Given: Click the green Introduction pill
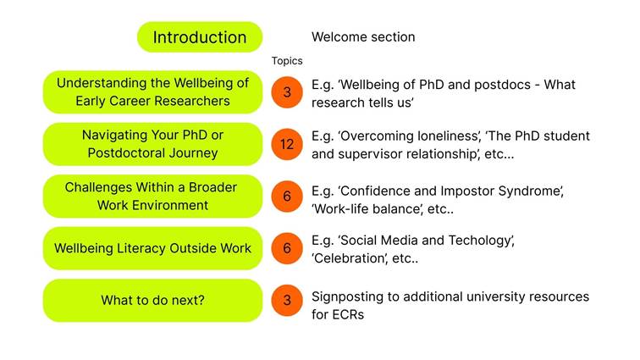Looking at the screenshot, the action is pyautogui.click(x=200, y=37).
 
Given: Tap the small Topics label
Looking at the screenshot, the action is pyautogui.click(x=287, y=61).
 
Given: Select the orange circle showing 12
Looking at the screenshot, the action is pyautogui.click(x=287, y=144).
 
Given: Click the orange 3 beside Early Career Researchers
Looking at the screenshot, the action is pyautogui.click(x=287, y=92).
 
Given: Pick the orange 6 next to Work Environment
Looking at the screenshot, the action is pyautogui.click(x=287, y=197).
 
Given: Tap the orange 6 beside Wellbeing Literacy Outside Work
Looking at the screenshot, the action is pyautogui.click(x=287, y=248).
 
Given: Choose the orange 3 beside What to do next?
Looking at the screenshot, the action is pyautogui.click(x=287, y=301).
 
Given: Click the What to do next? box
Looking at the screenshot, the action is pyautogui.click(x=152, y=301).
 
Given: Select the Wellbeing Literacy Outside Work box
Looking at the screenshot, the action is pyautogui.click(x=152, y=248).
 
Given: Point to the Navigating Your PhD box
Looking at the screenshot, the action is pyautogui.click(x=152, y=144).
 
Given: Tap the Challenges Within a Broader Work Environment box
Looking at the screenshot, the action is pyautogui.click(x=152, y=197).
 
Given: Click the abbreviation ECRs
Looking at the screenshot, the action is pyautogui.click(x=350, y=314).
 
